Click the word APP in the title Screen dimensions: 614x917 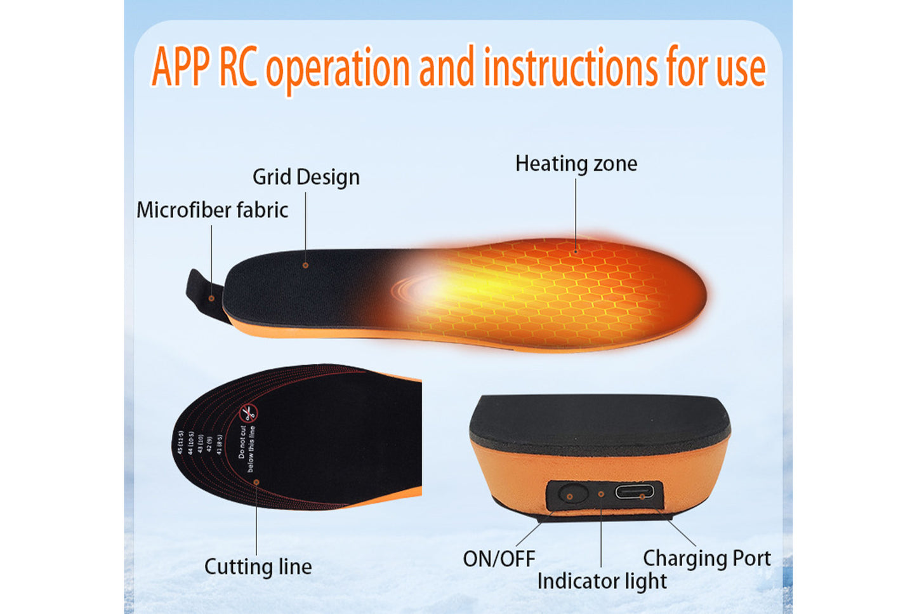click(x=181, y=67)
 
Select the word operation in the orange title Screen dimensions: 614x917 click(x=338, y=69)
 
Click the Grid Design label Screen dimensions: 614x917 click(x=306, y=177)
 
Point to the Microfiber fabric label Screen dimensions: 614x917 click(x=212, y=210)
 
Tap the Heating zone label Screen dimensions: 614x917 click(x=576, y=164)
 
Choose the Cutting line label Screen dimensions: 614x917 click(x=258, y=566)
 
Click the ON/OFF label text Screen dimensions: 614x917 click(x=499, y=559)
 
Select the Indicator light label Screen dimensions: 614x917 click(x=602, y=581)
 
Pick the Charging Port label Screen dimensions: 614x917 click(x=706, y=558)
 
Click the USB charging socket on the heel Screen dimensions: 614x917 click(x=638, y=493)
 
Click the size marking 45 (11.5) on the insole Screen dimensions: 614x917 click(x=181, y=442)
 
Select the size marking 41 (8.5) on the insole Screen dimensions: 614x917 click(x=219, y=444)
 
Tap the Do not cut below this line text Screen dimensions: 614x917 click(x=246, y=448)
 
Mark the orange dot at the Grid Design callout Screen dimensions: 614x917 click(x=305, y=265)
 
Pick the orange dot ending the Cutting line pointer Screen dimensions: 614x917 click(x=256, y=482)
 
